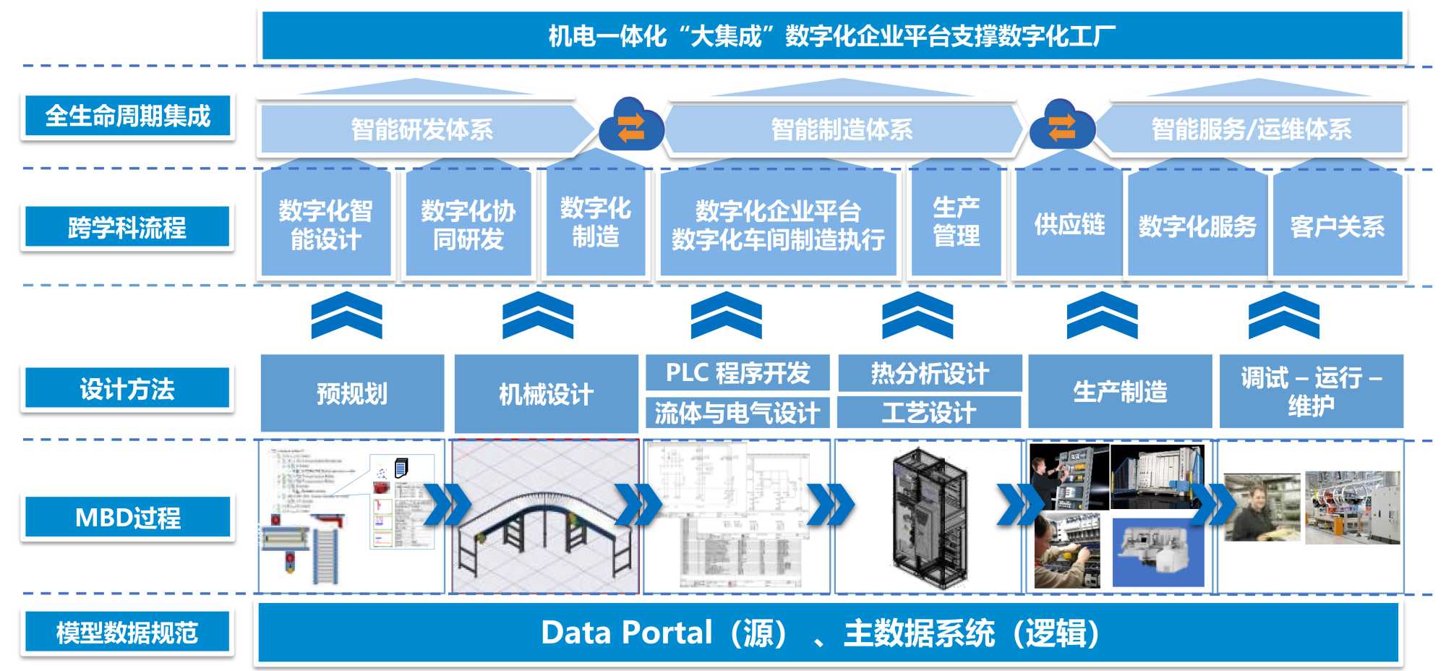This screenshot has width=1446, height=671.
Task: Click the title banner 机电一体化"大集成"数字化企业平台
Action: [x=831, y=35]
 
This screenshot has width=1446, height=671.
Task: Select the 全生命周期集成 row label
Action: [x=127, y=116]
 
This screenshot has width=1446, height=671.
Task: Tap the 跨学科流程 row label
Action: [x=127, y=227]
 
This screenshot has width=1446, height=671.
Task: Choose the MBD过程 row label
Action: [x=127, y=517]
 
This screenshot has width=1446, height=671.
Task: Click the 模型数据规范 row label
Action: [x=127, y=632]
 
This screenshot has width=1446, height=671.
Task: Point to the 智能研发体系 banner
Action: [x=422, y=129]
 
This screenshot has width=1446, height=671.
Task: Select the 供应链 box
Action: [x=1069, y=224]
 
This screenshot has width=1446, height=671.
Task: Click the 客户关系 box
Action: [x=1337, y=226]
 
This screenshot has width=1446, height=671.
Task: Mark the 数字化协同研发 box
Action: [x=468, y=224]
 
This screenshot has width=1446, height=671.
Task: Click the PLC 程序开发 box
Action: [x=737, y=373]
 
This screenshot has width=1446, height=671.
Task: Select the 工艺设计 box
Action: [x=929, y=413]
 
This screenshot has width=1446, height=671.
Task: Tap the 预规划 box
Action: [x=352, y=393]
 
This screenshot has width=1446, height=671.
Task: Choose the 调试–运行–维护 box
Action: [x=1311, y=391]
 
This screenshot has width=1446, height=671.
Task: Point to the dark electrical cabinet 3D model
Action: [x=930, y=517]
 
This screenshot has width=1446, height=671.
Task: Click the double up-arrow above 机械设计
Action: [x=538, y=315]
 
